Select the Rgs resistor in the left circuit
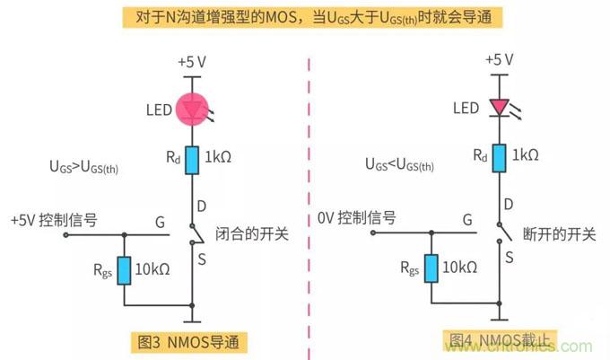125,268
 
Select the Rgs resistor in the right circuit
431,268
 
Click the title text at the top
304,17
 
